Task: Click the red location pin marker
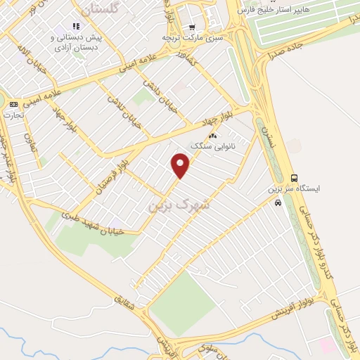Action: point(181,165)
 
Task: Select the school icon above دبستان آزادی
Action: point(77,26)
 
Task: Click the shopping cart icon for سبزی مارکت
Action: point(192,27)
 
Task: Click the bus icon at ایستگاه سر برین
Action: point(294,178)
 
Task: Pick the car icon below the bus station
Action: point(278,202)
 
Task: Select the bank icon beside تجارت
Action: point(14,103)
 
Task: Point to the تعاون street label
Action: point(29,128)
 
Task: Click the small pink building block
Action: point(326,345)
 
